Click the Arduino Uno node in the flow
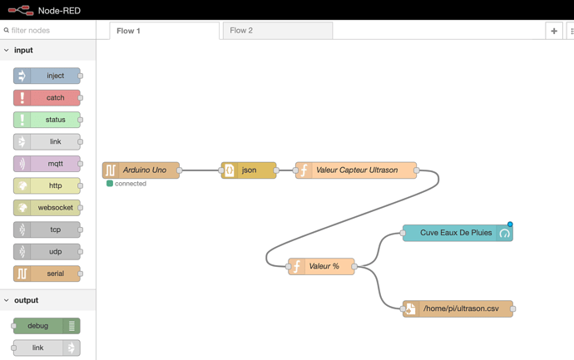click(141, 170)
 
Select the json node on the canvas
click(249, 170)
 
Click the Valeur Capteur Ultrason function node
click(356, 170)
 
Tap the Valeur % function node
click(321, 266)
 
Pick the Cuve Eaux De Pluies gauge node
click(458, 233)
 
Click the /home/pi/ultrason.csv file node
click(458, 308)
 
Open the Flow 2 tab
click(278, 31)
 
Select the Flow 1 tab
click(165, 31)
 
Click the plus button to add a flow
click(554, 31)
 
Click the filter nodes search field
click(48, 31)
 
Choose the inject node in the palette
click(47, 76)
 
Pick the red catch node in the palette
click(47, 97)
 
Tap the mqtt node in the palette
click(47, 164)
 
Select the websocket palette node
click(47, 208)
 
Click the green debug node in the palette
click(47, 326)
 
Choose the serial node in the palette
click(47, 274)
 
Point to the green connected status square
click(110, 183)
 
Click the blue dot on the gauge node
click(510, 224)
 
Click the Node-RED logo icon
click(21, 10)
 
